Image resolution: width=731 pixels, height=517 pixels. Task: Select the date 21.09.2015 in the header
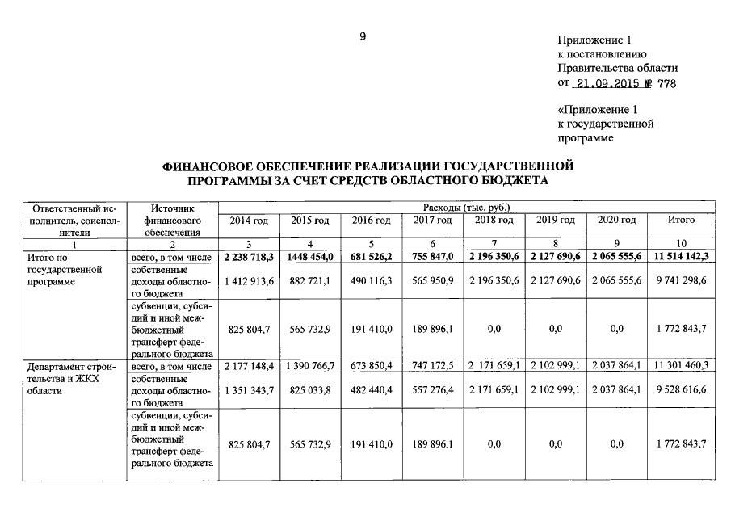(x=607, y=83)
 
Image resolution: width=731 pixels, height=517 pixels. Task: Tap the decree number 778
(x=667, y=83)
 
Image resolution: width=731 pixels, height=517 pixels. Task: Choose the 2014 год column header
(x=249, y=221)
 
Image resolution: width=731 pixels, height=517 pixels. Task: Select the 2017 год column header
(x=432, y=221)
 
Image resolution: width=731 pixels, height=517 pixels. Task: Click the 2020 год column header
(x=615, y=221)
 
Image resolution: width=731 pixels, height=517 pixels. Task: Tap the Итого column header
(x=681, y=221)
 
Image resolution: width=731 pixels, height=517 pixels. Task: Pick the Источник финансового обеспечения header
(x=171, y=220)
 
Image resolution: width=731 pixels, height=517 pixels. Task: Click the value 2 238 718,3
(x=249, y=256)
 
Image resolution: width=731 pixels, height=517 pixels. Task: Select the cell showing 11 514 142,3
(x=681, y=256)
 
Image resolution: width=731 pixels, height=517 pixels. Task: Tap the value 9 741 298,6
(x=681, y=280)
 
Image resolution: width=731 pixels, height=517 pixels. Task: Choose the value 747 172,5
(x=432, y=367)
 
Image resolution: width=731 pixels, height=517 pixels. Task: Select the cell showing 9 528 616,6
(x=681, y=390)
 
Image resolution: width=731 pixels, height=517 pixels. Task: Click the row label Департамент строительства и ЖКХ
(x=71, y=378)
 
